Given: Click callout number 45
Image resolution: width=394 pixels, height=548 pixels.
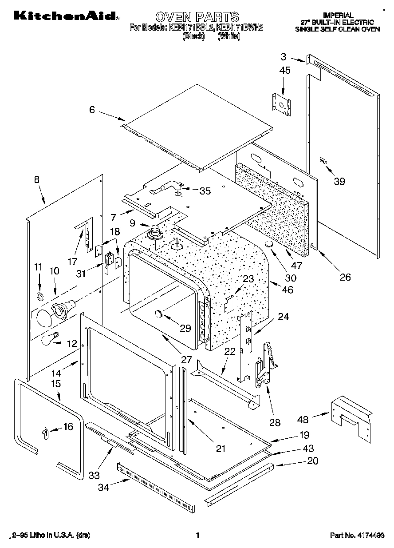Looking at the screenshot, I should point(285,70).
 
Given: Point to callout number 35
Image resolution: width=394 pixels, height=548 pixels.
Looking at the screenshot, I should point(205,191).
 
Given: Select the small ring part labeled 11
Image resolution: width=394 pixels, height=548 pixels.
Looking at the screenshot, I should point(39,296).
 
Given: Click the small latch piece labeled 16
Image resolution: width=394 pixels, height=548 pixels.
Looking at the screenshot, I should point(44,432).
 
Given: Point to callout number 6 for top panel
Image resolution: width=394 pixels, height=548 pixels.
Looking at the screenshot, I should point(92,109).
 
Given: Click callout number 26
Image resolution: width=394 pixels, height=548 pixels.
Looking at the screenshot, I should point(345,277).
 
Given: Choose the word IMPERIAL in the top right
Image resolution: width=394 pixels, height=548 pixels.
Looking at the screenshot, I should point(338,15).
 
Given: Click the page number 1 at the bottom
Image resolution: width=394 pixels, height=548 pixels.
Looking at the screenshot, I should point(197,536).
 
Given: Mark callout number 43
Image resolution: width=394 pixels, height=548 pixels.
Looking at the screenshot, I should point(308,448).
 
